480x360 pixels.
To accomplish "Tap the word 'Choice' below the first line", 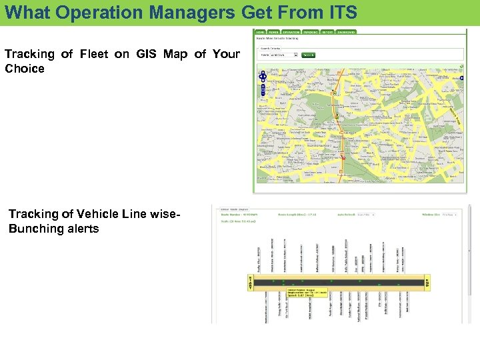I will click(x=25, y=69).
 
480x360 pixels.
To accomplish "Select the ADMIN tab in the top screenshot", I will click(x=273, y=31).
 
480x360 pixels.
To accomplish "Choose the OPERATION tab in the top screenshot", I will click(x=291, y=31).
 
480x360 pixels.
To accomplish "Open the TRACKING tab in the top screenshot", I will click(x=310, y=31).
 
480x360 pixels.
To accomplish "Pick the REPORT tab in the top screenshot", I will click(x=327, y=31).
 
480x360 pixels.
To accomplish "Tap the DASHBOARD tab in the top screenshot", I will click(x=346, y=31).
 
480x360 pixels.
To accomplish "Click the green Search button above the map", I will click(x=309, y=55).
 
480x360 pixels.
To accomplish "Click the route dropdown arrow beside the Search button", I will click(x=296, y=55).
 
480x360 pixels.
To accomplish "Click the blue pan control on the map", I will click(x=263, y=77).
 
